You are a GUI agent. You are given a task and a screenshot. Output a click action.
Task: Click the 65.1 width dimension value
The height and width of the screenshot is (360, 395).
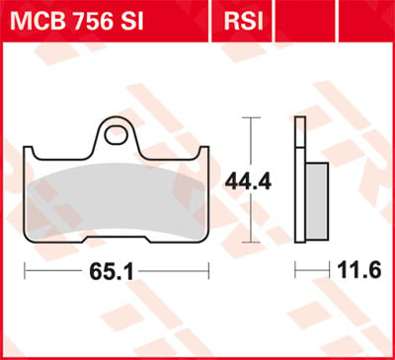(116, 267)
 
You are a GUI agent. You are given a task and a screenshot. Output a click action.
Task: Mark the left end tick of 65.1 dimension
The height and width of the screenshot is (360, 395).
(25, 268)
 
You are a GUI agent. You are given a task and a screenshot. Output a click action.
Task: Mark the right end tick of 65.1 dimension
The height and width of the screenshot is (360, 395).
(208, 268)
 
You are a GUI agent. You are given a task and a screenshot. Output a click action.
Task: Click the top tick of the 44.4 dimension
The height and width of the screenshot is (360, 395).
(250, 117)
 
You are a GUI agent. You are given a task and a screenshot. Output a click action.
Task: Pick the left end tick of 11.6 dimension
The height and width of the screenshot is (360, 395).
(294, 268)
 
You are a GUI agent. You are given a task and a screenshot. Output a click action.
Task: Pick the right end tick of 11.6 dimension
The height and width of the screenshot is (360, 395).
(326, 268)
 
